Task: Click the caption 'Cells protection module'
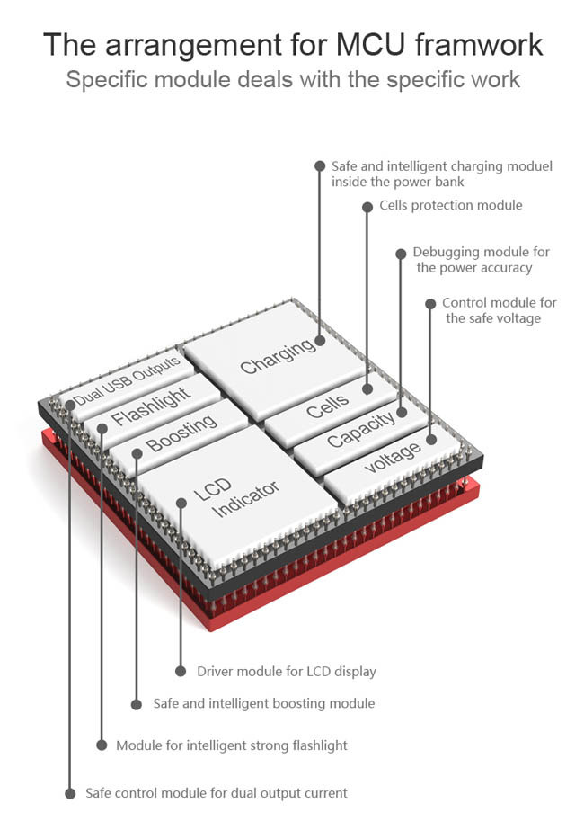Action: [x=450, y=205]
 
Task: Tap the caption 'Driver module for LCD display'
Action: [x=287, y=671]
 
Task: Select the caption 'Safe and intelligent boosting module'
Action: [x=264, y=703]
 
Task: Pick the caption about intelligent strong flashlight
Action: [x=232, y=745]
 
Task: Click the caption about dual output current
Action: [x=217, y=792]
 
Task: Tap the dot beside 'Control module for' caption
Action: [x=429, y=303]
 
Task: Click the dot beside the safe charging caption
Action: [x=319, y=165]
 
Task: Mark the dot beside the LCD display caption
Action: [x=181, y=671]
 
